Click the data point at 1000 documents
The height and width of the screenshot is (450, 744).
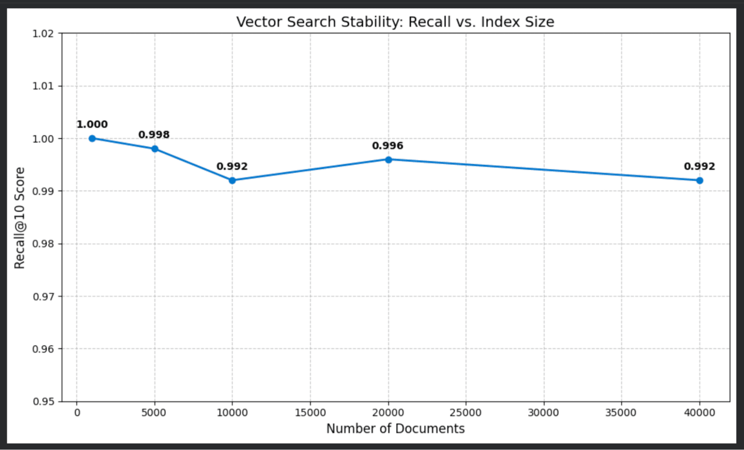[x=92, y=138]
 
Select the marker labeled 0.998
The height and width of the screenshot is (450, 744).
[x=155, y=149]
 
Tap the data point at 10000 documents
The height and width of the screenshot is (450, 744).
[x=232, y=181]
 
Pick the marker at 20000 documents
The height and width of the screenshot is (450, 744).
[x=388, y=160]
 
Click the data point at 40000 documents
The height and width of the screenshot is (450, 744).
[x=700, y=181]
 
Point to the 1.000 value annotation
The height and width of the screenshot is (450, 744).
[x=92, y=124]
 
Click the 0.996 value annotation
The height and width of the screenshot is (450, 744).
[x=387, y=146]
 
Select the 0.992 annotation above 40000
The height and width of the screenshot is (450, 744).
[x=699, y=166]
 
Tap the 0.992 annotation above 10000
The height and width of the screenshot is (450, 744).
[x=232, y=166]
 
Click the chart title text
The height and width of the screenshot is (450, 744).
[x=395, y=22]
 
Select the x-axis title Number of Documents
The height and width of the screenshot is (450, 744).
[x=395, y=429]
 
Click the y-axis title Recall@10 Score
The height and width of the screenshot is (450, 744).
[x=19, y=218]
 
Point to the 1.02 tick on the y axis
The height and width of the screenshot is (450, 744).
[x=43, y=34]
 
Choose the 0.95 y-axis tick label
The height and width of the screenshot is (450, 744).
[x=43, y=402]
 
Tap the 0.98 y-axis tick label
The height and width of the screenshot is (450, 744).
[x=43, y=244]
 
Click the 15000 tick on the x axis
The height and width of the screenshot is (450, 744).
[x=310, y=413]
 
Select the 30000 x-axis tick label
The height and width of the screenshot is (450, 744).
[x=543, y=413]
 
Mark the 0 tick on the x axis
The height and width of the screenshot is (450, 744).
[x=77, y=413]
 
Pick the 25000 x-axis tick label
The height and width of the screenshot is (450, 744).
[x=466, y=413]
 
